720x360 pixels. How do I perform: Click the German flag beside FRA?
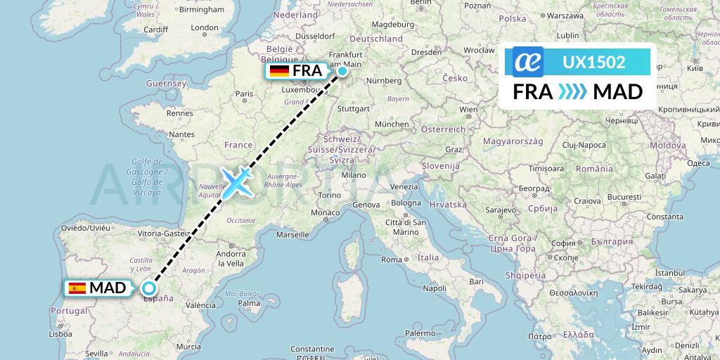pos(279,71)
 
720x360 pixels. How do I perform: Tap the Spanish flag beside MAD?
pos(77,288)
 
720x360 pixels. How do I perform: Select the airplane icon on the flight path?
pos(236,181)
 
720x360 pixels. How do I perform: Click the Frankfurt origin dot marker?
pos(342,71)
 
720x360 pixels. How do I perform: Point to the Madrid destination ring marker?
pos(148,288)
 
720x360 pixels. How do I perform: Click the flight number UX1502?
pos(594,62)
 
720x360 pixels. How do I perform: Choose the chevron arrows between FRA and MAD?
pos(572,92)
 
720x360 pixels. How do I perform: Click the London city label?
pos(205,28)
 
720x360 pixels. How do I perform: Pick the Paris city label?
pos(244,94)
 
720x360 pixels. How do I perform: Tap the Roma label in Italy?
pos(391,259)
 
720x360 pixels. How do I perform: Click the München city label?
pos(392,124)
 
